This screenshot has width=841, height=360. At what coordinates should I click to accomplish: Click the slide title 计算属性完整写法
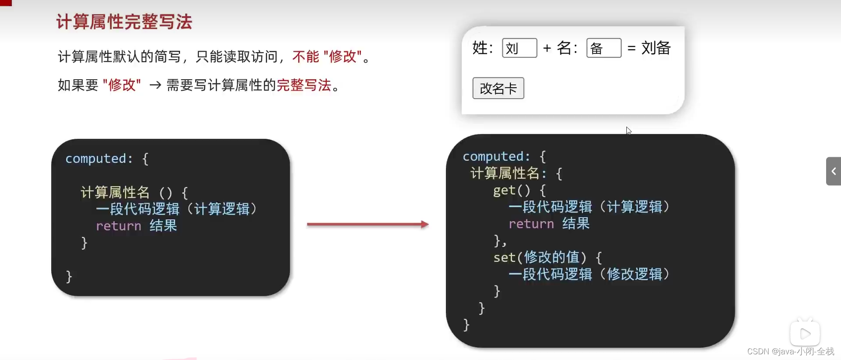[124, 22]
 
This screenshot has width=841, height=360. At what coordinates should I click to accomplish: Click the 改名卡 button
[498, 88]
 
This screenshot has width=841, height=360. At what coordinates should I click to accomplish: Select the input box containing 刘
[519, 48]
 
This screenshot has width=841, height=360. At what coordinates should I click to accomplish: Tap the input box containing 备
[604, 48]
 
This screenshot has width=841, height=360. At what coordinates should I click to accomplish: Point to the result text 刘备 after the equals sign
[656, 48]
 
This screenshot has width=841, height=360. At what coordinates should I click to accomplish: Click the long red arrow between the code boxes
[367, 224]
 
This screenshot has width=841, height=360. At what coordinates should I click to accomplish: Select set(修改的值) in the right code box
[540, 257]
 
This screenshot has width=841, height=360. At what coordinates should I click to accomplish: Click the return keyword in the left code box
[118, 226]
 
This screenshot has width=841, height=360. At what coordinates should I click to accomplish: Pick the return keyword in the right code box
[531, 224]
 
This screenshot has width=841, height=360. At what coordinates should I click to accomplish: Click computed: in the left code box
[99, 159]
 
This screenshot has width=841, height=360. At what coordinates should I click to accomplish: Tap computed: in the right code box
[496, 156]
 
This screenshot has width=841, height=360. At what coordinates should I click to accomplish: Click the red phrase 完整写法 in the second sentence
[304, 85]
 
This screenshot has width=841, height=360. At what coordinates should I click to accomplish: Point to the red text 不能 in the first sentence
[305, 56]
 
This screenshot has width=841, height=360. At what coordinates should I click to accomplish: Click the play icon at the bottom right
[805, 334]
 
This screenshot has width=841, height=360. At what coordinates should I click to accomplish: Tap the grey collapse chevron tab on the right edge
[833, 171]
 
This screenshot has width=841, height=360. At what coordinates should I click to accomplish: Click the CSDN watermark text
[790, 352]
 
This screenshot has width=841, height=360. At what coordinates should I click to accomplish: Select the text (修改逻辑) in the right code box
[635, 274]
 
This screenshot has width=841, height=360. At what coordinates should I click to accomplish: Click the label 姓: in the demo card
[482, 48]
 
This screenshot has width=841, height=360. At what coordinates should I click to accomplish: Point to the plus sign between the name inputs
[547, 48]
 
